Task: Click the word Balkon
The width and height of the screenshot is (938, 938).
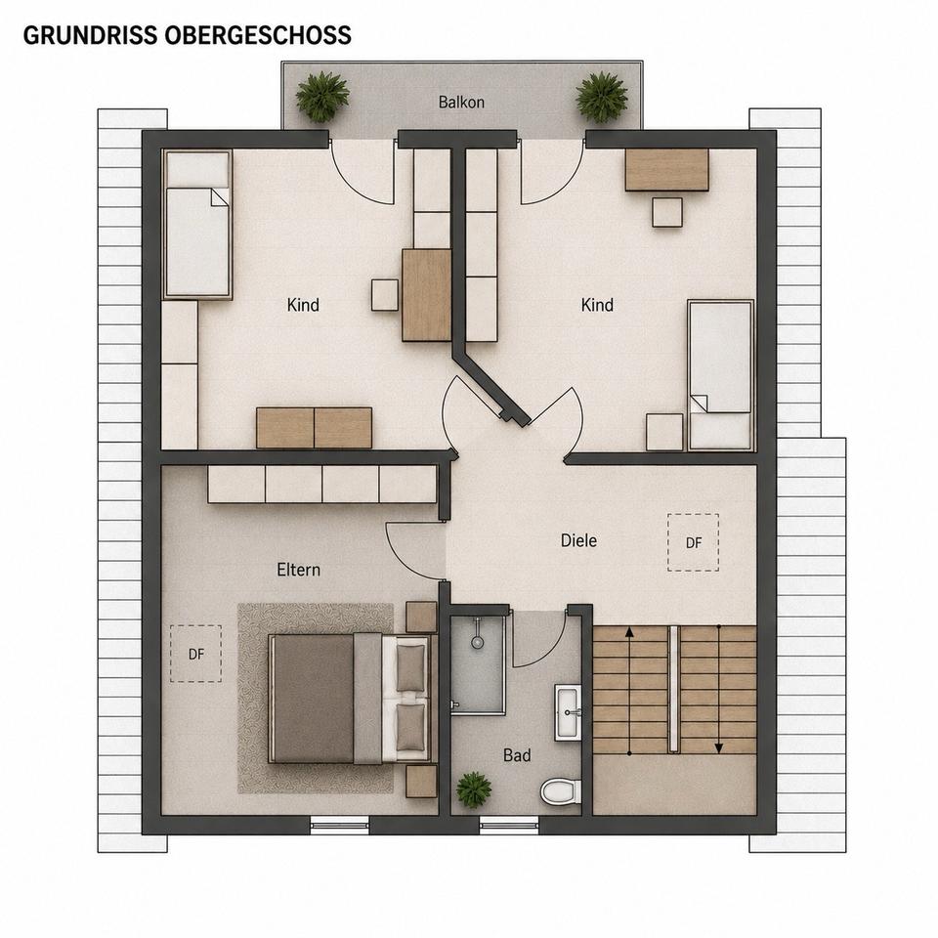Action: click(x=461, y=102)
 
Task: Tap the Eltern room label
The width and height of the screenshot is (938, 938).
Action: click(x=299, y=570)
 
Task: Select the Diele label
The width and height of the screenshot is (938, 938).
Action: click(x=578, y=540)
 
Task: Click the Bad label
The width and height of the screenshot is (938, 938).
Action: click(x=517, y=755)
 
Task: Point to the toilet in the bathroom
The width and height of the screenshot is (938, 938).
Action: click(x=561, y=791)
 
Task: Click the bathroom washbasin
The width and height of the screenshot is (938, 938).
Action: click(x=568, y=712)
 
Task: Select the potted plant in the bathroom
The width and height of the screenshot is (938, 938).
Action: click(x=474, y=789)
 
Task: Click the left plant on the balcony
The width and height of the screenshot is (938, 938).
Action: click(x=322, y=97)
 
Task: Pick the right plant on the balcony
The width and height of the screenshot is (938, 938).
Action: click(x=601, y=97)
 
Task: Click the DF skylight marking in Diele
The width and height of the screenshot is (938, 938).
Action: click(x=694, y=542)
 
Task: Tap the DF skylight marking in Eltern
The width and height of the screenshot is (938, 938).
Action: click(x=196, y=654)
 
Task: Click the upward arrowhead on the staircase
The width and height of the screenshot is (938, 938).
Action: click(x=629, y=632)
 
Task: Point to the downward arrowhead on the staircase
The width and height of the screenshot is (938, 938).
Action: click(x=719, y=747)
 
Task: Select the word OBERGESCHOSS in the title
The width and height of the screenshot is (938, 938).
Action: click(x=258, y=35)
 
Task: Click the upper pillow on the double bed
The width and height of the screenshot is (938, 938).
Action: click(x=410, y=667)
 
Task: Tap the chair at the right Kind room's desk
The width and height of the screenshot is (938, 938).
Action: click(x=667, y=212)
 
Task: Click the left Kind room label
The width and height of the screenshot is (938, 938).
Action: click(x=303, y=305)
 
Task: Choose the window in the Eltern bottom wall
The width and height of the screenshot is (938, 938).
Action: click(x=340, y=827)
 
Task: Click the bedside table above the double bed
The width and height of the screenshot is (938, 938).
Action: click(x=421, y=617)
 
